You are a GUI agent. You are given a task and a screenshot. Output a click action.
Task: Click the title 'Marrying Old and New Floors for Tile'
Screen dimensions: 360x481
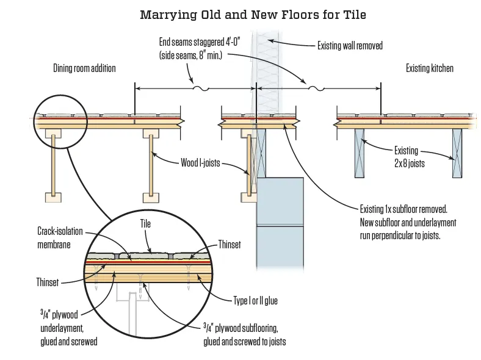(253, 14)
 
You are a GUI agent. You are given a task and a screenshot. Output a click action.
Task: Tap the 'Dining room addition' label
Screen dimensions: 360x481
(84, 68)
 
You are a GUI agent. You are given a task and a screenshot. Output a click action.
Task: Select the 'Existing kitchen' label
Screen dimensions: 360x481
(430, 68)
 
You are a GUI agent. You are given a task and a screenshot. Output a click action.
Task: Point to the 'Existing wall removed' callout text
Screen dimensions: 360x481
(350, 45)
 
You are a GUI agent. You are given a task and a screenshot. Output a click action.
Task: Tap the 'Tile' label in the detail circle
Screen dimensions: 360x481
(145, 225)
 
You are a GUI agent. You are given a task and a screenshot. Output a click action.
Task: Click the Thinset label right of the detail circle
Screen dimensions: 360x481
(230, 245)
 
